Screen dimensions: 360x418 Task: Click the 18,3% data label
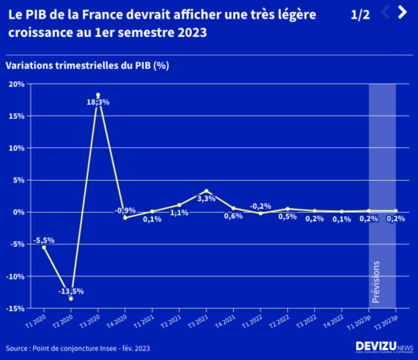(98, 102)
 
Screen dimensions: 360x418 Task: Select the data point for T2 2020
(71, 299)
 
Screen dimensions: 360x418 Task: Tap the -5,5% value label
(44, 240)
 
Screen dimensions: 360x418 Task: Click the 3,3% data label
(207, 198)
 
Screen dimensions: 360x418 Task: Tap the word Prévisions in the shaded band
(375, 278)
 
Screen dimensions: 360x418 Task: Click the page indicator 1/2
(360, 14)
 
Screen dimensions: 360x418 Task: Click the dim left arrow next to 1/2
(385, 12)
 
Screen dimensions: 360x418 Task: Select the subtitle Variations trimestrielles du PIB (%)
(87, 65)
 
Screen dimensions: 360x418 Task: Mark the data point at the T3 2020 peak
(98, 95)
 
